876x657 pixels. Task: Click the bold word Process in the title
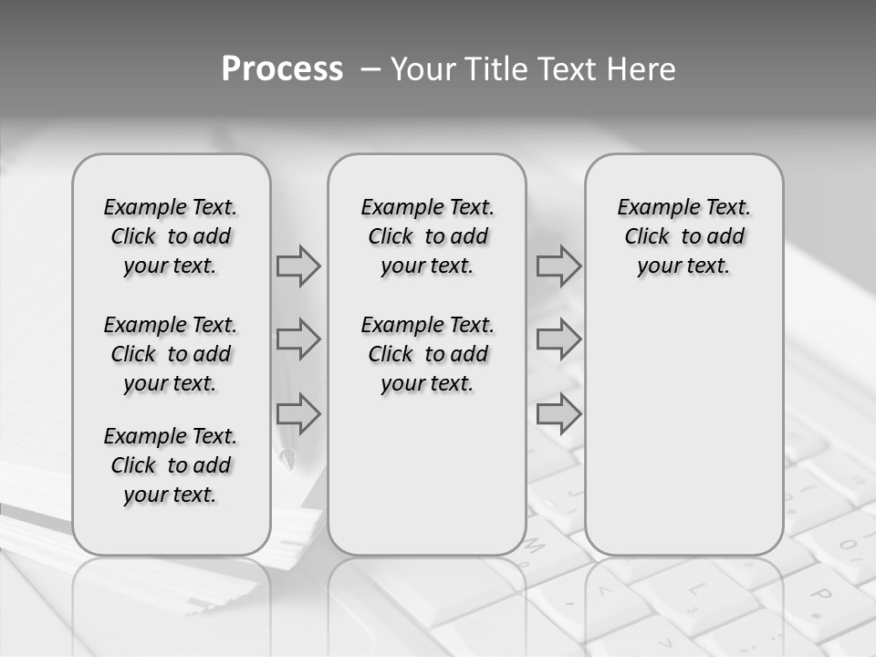tap(282, 69)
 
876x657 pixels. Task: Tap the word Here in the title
tap(641, 69)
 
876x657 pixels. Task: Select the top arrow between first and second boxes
tap(298, 266)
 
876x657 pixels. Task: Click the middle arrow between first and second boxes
tap(298, 340)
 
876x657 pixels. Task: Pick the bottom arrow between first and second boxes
tap(298, 414)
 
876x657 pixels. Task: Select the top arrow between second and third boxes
tap(558, 266)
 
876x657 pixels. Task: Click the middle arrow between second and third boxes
tap(558, 340)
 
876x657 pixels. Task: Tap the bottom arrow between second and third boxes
tap(558, 414)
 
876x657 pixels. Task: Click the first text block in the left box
tap(171, 237)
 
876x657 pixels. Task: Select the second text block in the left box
tap(171, 354)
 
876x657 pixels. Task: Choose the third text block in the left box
tap(171, 465)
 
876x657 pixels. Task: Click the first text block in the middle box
tap(427, 237)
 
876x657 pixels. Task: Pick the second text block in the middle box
tap(427, 354)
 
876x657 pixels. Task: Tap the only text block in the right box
tap(683, 237)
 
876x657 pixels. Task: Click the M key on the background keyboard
tap(535, 548)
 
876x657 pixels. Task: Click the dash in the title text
tap(369, 69)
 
